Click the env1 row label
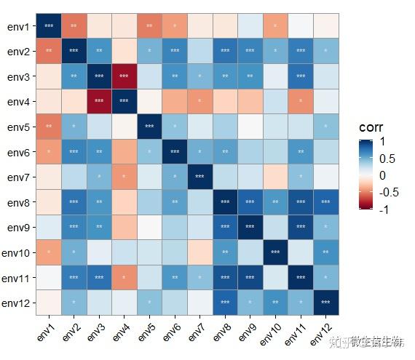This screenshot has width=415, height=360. (18, 27)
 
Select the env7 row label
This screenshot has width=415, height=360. (18, 177)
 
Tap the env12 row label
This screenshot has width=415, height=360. (16, 303)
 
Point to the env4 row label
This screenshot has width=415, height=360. (18, 102)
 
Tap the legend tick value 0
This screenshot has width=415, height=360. (384, 175)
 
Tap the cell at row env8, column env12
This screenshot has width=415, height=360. (325, 202)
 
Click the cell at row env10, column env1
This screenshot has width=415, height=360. (48, 252)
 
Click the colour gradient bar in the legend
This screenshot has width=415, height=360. (365, 175)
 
